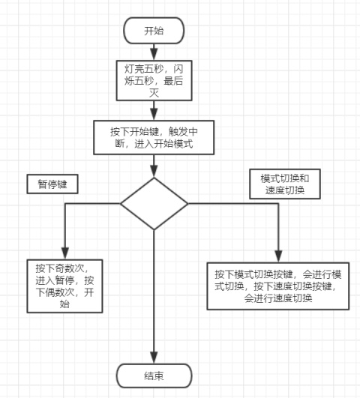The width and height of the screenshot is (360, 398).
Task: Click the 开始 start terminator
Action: click(154, 31)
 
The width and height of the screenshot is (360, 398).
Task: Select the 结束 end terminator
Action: click(154, 376)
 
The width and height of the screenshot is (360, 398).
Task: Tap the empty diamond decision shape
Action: click(154, 204)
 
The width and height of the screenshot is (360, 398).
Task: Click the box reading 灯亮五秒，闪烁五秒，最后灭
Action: click(154, 80)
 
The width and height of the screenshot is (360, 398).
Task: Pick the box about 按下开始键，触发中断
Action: click(154, 138)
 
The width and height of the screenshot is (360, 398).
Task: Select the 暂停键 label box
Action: click(52, 184)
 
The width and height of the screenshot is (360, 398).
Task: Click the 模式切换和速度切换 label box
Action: click(285, 184)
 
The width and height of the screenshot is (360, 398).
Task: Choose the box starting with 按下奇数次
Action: click(64, 286)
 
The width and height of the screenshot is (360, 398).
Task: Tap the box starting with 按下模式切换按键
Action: click(278, 286)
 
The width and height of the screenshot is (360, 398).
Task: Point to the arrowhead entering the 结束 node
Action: click(154, 358)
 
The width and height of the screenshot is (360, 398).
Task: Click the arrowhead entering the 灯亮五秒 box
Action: click(154, 55)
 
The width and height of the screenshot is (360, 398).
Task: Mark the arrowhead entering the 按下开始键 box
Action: click(154, 115)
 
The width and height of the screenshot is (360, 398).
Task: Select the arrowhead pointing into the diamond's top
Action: click(154, 172)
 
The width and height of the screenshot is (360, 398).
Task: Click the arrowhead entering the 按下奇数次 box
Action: click(65, 253)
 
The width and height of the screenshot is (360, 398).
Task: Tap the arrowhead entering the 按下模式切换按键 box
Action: click(279, 256)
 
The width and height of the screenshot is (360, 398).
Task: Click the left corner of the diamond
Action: click(121, 204)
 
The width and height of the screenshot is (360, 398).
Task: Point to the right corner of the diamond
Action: click(187, 204)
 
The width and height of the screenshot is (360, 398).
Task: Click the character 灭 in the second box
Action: click(154, 93)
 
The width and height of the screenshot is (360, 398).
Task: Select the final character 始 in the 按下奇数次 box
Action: click(64, 304)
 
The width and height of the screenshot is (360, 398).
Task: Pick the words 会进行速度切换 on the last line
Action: click(278, 298)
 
